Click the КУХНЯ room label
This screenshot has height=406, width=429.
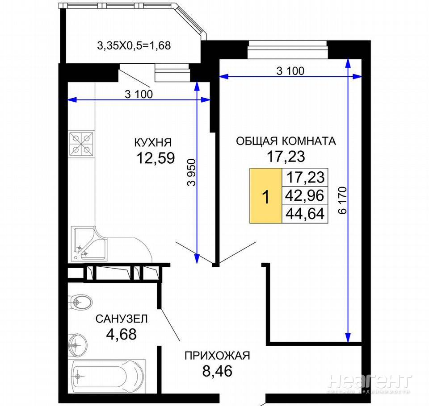point(153,142)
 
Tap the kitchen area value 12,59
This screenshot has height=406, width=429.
point(156,158)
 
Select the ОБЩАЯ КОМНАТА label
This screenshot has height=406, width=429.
point(286,141)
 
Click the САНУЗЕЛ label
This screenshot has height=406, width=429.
point(122,319)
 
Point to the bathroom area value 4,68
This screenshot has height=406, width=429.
point(121,334)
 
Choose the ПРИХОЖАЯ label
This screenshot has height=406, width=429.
point(217,356)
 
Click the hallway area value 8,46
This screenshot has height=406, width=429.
point(217,371)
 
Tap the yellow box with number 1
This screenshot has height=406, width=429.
point(265,195)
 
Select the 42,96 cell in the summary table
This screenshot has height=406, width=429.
point(305,195)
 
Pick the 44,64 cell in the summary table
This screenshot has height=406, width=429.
point(305,214)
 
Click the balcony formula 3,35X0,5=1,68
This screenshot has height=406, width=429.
point(134,46)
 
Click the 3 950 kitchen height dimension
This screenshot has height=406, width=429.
point(192,172)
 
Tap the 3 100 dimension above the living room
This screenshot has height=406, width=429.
point(290,71)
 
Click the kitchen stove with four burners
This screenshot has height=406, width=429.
point(81,144)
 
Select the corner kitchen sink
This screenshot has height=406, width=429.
point(88,244)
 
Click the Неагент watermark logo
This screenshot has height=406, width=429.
point(370,381)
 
